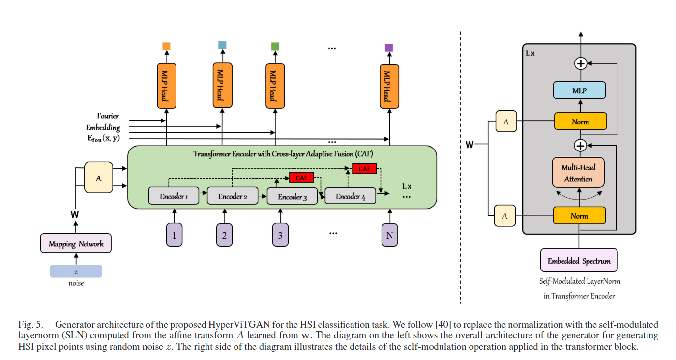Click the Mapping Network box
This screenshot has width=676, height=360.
(76, 244)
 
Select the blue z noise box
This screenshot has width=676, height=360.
(76, 271)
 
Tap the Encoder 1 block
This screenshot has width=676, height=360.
(174, 196)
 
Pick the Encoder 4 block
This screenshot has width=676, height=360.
(351, 196)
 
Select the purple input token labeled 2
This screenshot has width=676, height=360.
(224, 235)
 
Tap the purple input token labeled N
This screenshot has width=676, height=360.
(389, 235)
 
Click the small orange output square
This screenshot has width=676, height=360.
(166, 46)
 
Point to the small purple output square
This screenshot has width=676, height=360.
(389, 48)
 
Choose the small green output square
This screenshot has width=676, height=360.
(275, 46)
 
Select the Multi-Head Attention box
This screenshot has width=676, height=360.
(578, 173)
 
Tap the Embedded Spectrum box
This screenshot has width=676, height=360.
(579, 261)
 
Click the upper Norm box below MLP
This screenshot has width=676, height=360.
(580, 121)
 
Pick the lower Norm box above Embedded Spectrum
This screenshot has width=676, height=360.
(579, 215)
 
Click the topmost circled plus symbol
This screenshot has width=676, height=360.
(581, 63)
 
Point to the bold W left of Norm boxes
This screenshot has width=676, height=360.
(470, 145)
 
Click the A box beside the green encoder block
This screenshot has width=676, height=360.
(98, 178)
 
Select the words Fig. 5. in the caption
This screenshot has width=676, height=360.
(29, 325)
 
